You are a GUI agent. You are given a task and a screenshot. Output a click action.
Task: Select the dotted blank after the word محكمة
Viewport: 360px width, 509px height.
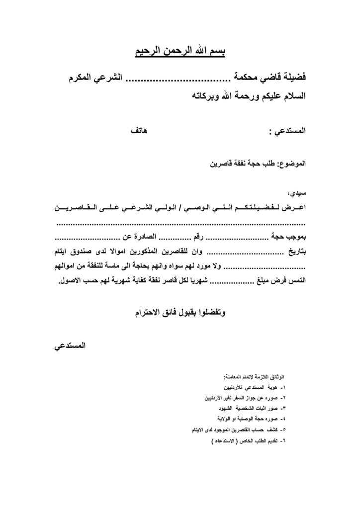point(173,79)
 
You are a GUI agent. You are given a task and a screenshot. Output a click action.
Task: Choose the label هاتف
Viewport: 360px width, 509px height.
point(138,132)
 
